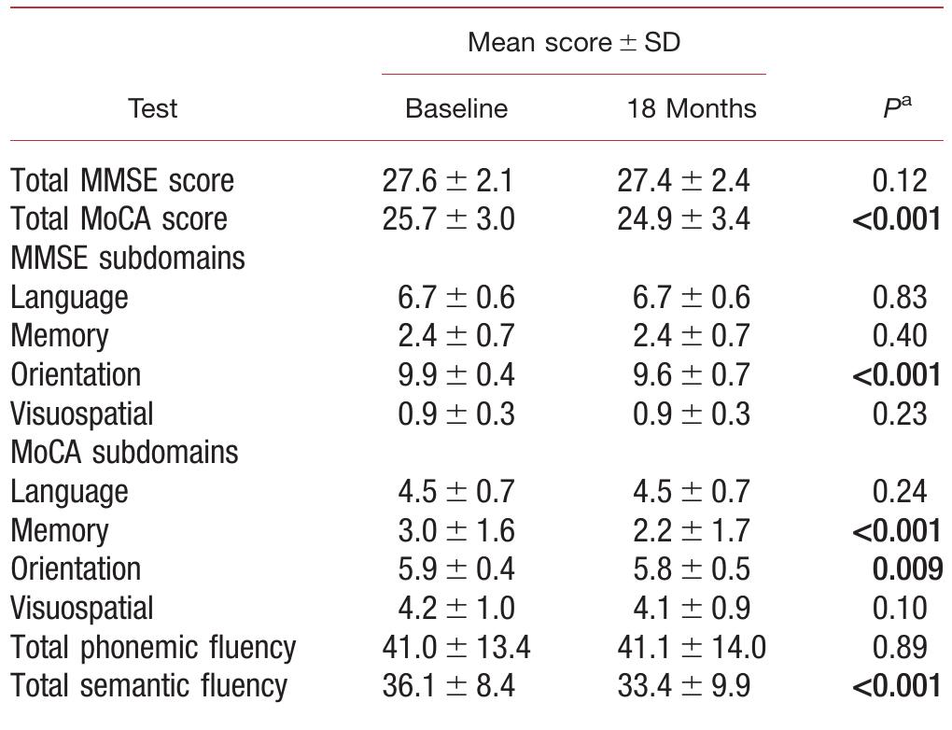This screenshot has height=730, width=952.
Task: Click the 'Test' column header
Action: [x=152, y=108]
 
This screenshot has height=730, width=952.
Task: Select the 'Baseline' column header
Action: [x=456, y=108]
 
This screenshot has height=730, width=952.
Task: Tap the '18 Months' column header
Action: [x=692, y=108]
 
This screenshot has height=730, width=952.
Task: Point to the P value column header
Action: [x=897, y=106]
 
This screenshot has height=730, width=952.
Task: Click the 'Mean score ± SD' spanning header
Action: [x=573, y=42]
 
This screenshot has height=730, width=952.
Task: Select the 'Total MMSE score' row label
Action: [x=122, y=180]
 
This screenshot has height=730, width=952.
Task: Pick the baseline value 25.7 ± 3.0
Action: [x=448, y=219]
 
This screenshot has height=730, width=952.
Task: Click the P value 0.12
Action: [x=900, y=180]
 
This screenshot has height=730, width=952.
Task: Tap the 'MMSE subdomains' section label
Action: [x=128, y=258]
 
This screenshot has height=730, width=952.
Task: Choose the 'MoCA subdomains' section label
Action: [x=124, y=453]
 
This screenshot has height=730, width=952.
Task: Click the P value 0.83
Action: [x=900, y=297]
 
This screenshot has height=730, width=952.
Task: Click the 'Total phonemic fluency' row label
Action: [x=153, y=647]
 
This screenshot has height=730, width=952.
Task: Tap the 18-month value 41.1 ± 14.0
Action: [x=691, y=647]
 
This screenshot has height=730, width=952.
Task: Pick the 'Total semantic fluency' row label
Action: [x=149, y=686]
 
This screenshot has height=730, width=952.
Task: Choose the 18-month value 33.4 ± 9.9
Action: [x=683, y=686]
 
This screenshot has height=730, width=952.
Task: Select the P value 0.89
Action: [x=900, y=647]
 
